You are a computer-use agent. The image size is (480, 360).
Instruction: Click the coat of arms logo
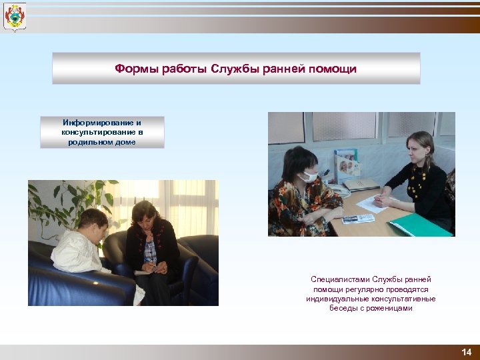coord(15,17)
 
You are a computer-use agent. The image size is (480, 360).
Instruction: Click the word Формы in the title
coord(131,69)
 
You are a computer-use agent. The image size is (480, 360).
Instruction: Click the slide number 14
coord(466,352)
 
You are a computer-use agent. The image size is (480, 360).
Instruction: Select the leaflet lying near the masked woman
coord(358,218)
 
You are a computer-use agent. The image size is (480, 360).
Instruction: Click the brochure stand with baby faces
coord(347,166)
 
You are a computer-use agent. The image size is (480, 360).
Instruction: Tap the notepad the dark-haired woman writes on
coord(143,272)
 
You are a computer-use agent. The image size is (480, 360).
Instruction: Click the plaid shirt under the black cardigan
coord(151,251)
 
